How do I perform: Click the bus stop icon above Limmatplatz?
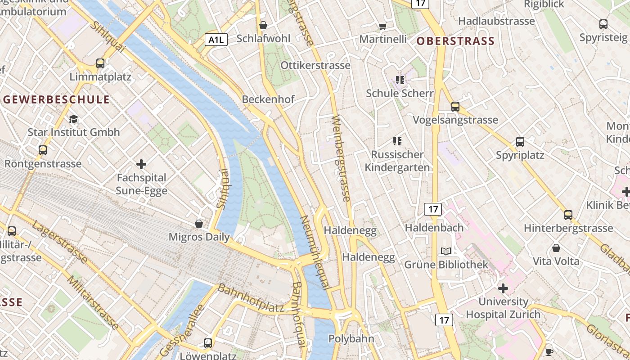tap(100, 63)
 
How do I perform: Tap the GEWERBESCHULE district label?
tap(56, 99)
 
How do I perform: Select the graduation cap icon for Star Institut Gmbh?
tap(73, 119)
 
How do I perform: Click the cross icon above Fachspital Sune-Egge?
tap(142, 164)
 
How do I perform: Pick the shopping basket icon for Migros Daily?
tap(199, 224)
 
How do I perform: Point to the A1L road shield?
tap(216, 40)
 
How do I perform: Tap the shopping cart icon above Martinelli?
tap(382, 26)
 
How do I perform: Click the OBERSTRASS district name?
tap(455, 41)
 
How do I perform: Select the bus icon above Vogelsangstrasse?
tap(455, 107)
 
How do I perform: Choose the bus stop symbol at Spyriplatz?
tap(520, 142)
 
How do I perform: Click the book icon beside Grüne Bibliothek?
tap(446, 251)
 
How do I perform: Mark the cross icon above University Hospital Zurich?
tap(503, 288)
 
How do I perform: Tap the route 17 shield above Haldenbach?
tap(433, 209)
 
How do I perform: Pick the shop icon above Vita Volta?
tap(556, 248)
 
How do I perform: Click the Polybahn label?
tap(351, 338)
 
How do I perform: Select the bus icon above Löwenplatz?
tap(208, 343)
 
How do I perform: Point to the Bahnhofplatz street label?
tap(251, 298)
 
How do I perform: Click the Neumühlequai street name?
tap(315, 252)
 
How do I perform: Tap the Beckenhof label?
tap(268, 99)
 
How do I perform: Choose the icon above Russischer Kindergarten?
tap(397, 141)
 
